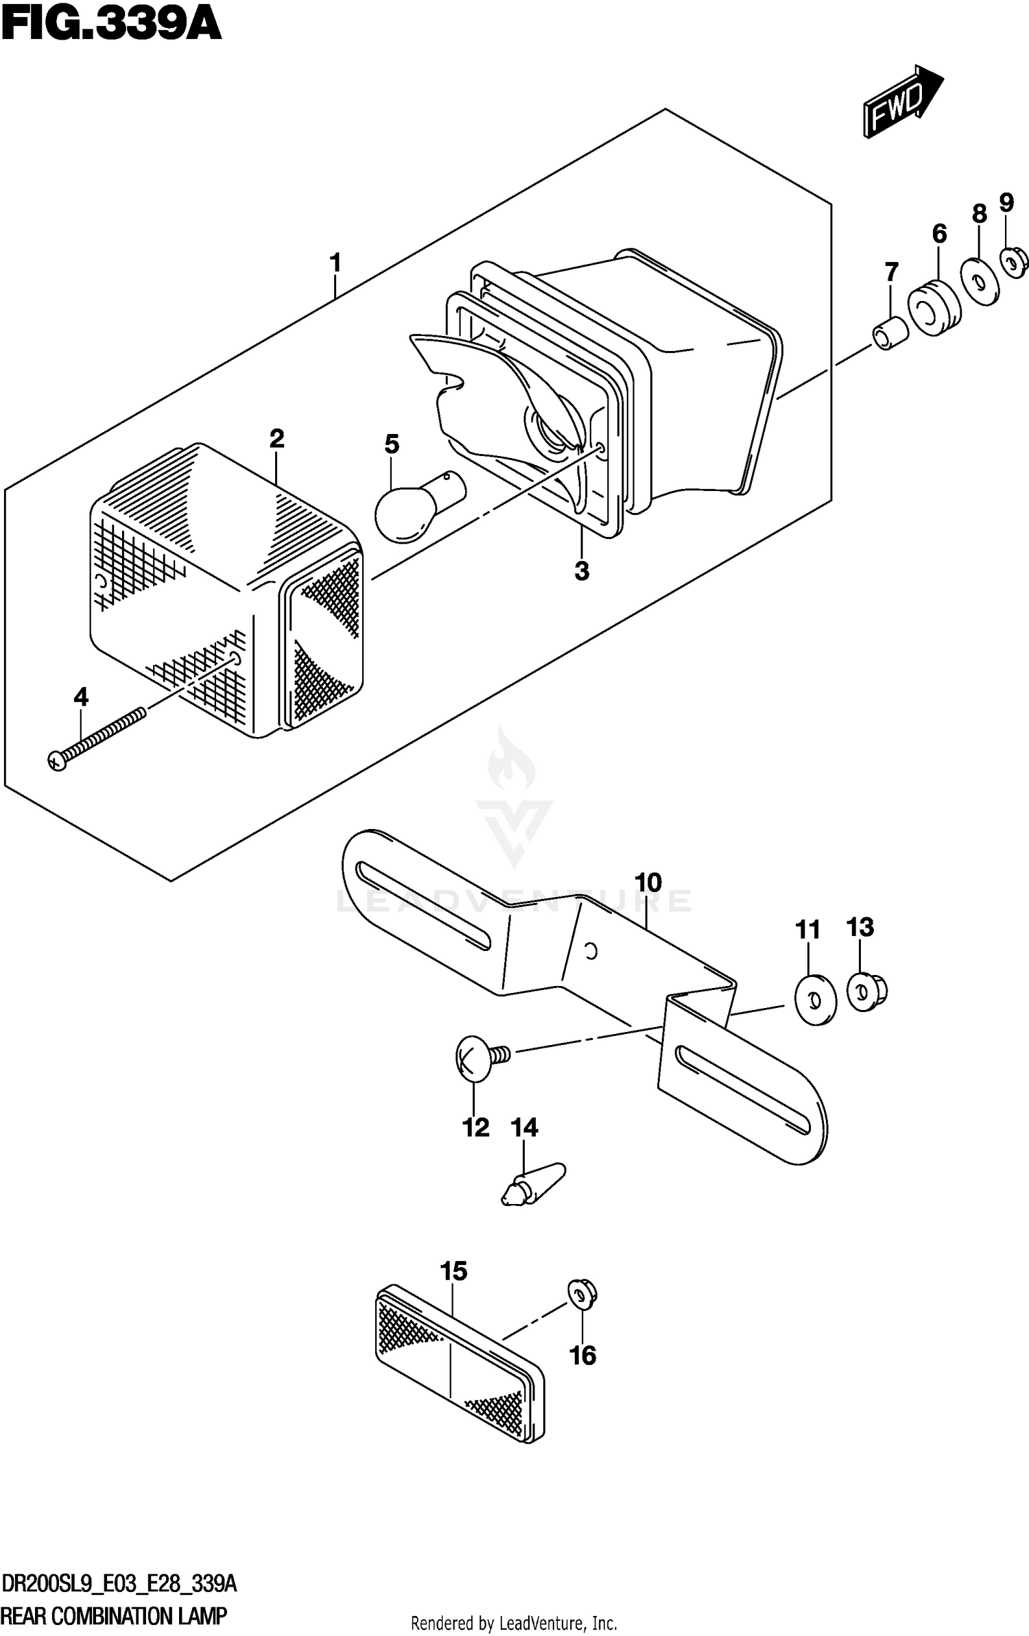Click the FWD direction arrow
pyautogui.click(x=902, y=101)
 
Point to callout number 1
pyautogui.click(x=335, y=263)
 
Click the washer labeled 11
pyautogui.click(x=815, y=1000)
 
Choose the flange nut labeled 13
pyautogui.click(x=866, y=992)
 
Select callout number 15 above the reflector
pyautogui.click(x=453, y=1271)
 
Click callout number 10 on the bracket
pyautogui.click(x=648, y=882)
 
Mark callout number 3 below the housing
pyautogui.click(x=582, y=570)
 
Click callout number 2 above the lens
pyautogui.click(x=276, y=438)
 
